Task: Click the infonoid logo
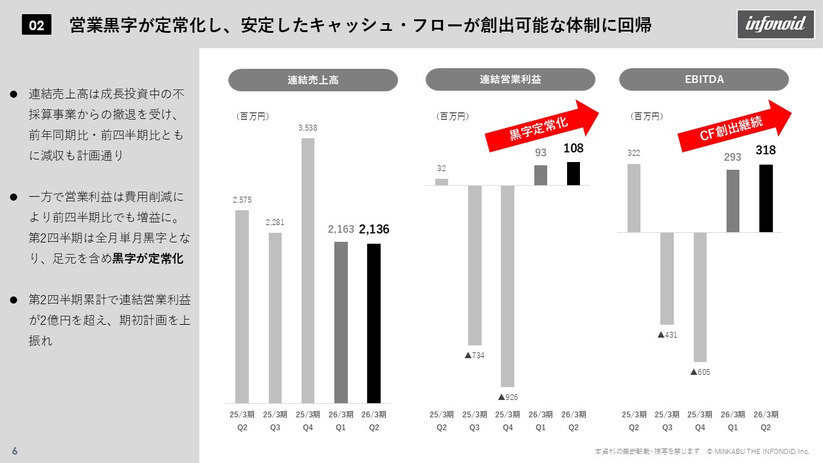[775, 24]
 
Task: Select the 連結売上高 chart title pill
[313, 80]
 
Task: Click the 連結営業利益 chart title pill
[511, 80]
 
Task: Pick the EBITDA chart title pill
[704, 80]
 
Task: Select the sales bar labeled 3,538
[308, 270]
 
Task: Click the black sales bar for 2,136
[374, 323]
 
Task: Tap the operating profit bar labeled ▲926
[507, 286]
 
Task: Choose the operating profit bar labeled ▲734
[475, 265]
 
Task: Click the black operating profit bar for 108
[574, 174]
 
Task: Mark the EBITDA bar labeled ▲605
[700, 296]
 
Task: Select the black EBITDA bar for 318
[766, 198]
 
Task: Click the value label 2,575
[242, 200]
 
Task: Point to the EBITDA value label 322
[634, 153]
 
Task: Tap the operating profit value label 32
[442, 168]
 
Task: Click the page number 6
[15, 451]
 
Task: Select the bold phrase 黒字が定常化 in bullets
[148, 259]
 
